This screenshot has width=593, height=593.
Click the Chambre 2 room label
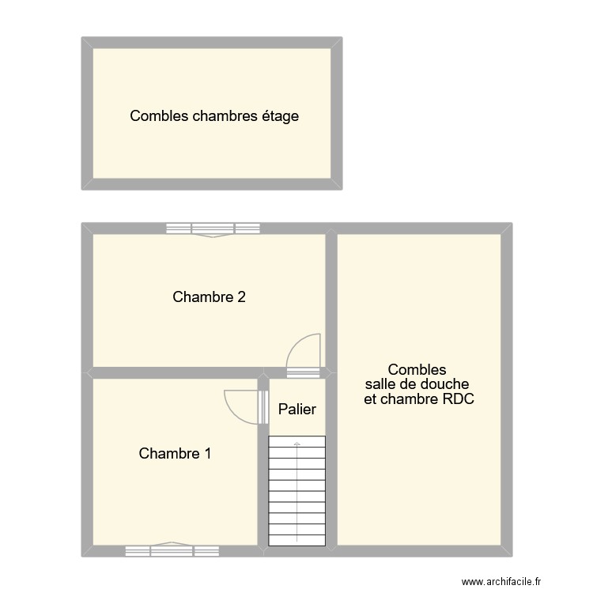209,297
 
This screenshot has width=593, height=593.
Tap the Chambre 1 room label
175,454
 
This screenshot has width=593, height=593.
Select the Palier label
297,409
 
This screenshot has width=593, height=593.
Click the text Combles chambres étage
214,116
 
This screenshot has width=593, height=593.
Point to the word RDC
459,399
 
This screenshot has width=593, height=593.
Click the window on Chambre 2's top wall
213,229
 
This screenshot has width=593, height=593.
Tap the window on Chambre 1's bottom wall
172,550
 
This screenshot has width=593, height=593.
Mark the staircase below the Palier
297,490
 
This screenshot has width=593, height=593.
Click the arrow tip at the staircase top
297,444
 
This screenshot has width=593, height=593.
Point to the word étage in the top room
280,116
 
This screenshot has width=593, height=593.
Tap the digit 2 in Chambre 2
241,297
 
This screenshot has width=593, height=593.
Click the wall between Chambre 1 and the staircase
264,490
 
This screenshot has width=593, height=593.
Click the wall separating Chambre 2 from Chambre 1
174,373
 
